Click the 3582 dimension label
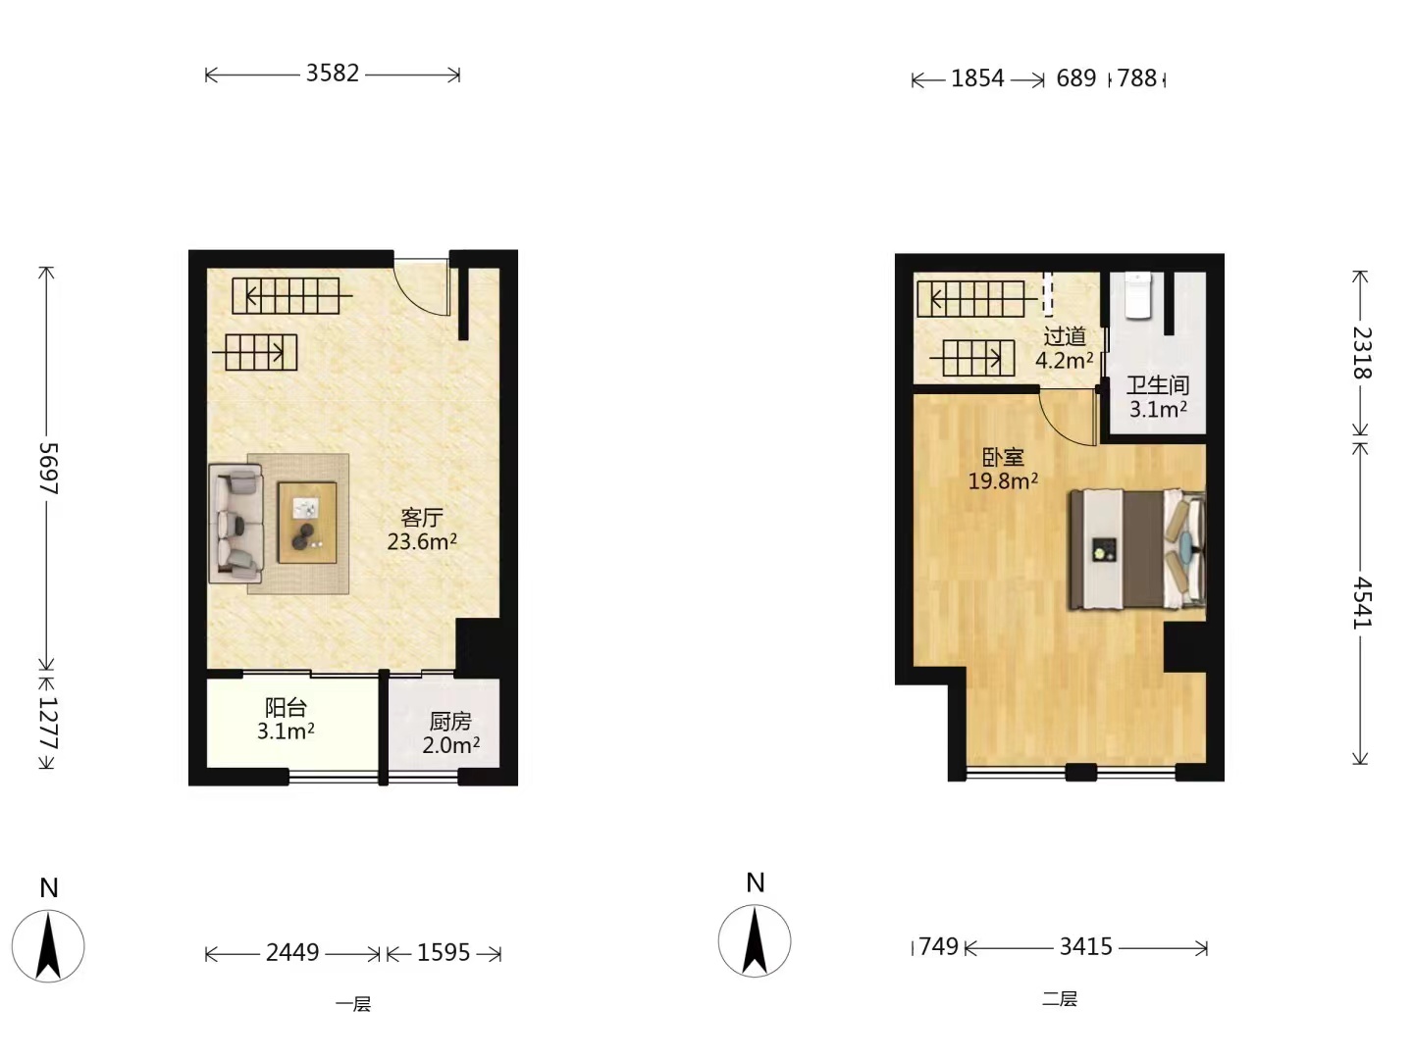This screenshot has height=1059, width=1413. pyautogui.click(x=333, y=74)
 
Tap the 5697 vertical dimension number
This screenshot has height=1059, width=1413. pyautogui.click(x=49, y=469)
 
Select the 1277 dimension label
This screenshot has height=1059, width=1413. pyautogui.click(x=49, y=723)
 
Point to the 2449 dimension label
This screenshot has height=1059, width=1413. pyautogui.click(x=292, y=952)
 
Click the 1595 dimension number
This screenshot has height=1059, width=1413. pyautogui.click(x=444, y=952)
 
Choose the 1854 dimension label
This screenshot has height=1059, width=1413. pyautogui.click(x=977, y=78)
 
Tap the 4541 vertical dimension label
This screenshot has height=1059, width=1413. pyautogui.click(x=1362, y=602)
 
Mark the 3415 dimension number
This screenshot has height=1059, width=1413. pyautogui.click(x=1086, y=946)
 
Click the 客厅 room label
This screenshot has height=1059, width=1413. pyautogui.click(x=422, y=518)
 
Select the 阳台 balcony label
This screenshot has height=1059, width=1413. pyautogui.click(x=286, y=708)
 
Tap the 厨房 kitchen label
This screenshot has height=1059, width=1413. pyautogui.click(x=450, y=722)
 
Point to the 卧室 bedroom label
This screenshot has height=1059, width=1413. pyautogui.click(x=1003, y=457)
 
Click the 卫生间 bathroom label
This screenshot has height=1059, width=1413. pyautogui.click(x=1158, y=385)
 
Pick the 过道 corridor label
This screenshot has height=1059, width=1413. pyautogui.click(x=1065, y=336)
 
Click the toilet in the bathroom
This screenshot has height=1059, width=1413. pyautogui.click(x=1138, y=295)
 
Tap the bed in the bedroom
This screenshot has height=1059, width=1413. pyautogui.click(x=1137, y=550)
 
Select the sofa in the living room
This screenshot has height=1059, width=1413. pyautogui.click(x=235, y=524)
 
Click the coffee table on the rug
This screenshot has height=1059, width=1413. pyautogui.click(x=307, y=523)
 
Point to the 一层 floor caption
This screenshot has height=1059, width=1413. pyautogui.click(x=353, y=1004)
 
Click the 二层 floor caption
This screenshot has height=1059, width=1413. pyautogui.click(x=1060, y=999)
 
